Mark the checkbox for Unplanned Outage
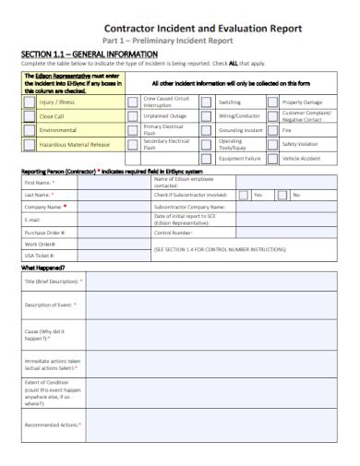click(x=133, y=116)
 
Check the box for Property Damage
click(x=272, y=102)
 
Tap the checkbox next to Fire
click(x=272, y=130)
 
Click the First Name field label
click(x=40, y=183)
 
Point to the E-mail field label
click(x=33, y=220)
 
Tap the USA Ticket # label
click(x=40, y=255)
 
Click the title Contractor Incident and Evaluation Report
click(x=203, y=28)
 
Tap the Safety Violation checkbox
click(x=272, y=144)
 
